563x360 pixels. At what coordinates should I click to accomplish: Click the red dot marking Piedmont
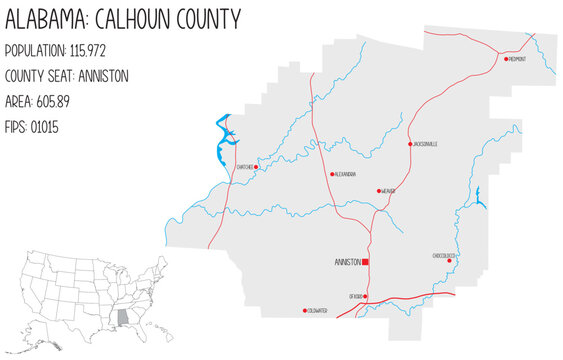504,60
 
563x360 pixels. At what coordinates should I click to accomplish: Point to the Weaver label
389,191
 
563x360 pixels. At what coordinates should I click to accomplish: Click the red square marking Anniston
366,262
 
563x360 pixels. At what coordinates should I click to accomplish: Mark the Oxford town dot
366,297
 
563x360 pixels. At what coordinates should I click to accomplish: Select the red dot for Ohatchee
256,168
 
